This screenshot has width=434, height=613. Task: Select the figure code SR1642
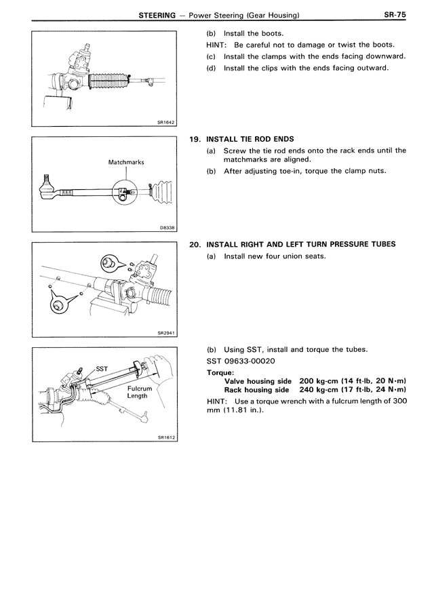coord(165,121)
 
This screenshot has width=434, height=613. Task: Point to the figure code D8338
coord(167,228)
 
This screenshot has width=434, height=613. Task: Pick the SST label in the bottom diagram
coord(102,368)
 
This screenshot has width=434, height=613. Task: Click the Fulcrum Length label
coord(139,393)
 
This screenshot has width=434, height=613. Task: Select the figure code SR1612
coord(166,437)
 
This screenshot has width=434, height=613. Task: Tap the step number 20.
coord(195,244)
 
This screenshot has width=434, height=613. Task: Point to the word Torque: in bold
coord(222,372)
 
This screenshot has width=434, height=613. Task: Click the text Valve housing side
coord(258,381)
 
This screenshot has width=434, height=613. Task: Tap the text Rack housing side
coord(256,390)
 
